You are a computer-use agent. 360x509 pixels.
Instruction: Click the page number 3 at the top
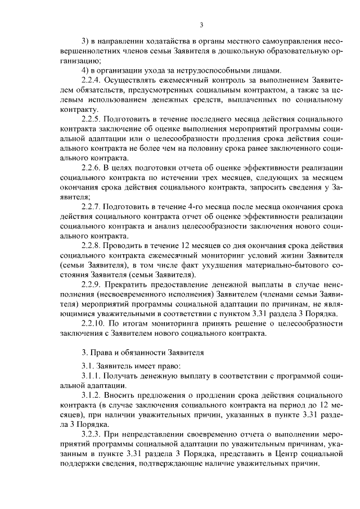point(201,24)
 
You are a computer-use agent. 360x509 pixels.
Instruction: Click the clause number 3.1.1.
point(93,376)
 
